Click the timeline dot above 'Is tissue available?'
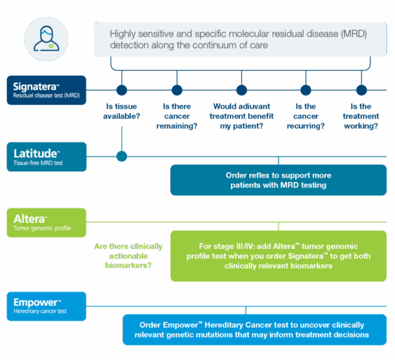tap(122, 90)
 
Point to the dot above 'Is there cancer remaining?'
tap(176, 90)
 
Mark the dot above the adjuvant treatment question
tap(241, 90)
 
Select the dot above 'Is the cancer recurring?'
tap(305, 90)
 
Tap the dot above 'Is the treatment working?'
tap(361, 90)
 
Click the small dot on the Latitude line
tap(122, 156)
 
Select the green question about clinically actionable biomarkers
tap(128, 256)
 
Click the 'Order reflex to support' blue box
tap(278, 180)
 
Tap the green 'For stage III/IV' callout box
tap(278, 256)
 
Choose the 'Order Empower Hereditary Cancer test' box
tap(254, 330)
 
